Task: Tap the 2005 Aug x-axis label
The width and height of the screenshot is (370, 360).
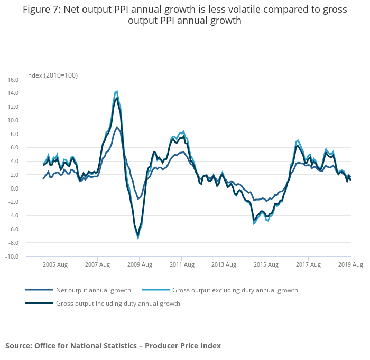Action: click(54, 264)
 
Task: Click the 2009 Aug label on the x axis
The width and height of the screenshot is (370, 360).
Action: click(139, 264)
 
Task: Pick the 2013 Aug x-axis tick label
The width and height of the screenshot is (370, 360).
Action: click(224, 264)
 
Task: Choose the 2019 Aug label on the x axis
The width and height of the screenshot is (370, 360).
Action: click(350, 264)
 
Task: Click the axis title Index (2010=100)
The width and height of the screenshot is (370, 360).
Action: click(52, 75)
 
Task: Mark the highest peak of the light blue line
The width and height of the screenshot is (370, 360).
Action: click(117, 91)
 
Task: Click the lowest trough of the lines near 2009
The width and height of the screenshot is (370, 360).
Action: click(138, 239)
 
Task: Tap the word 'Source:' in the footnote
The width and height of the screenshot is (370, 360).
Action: click(18, 346)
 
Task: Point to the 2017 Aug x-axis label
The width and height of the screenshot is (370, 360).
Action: click(308, 264)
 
